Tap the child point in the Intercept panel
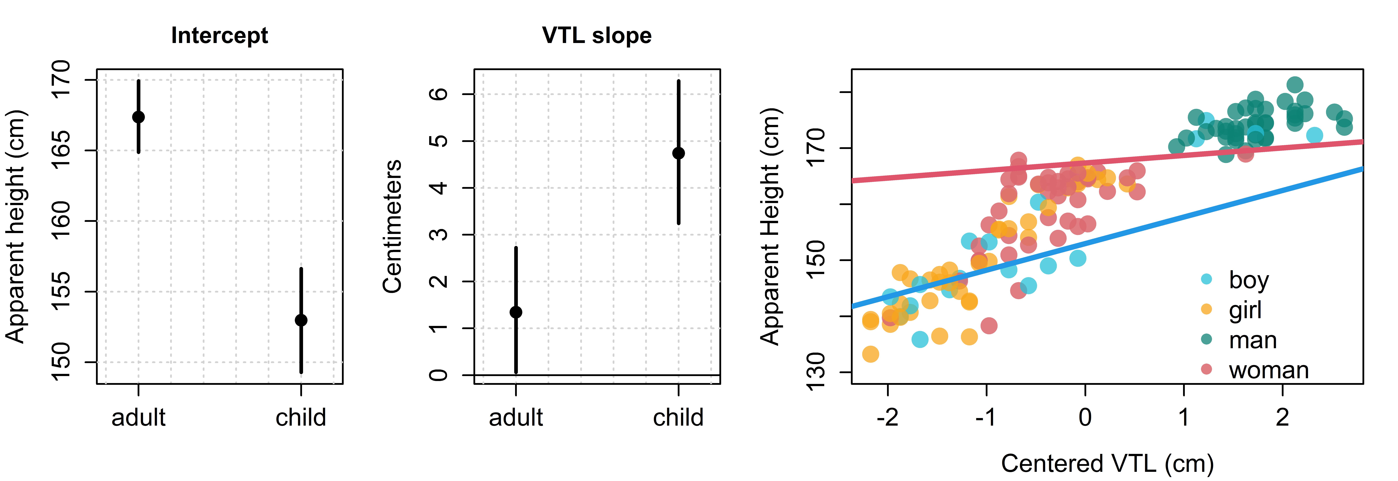[301, 320]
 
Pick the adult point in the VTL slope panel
[516, 312]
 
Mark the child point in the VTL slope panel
[678, 153]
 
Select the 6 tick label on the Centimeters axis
[438, 94]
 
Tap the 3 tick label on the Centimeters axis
[438, 235]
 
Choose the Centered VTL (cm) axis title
[1107, 464]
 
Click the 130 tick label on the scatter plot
[816, 372]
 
